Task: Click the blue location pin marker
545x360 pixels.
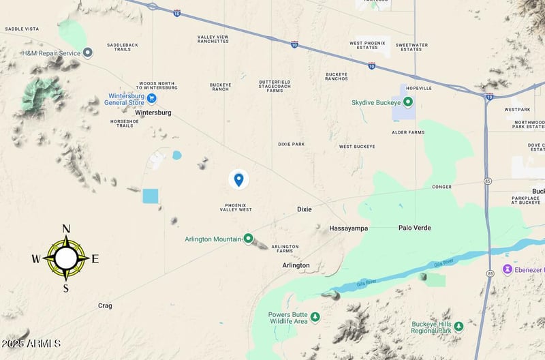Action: [x=238, y=179]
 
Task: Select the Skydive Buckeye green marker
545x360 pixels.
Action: [x=408, y=102]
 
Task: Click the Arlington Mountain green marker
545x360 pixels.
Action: [x=249, y=238]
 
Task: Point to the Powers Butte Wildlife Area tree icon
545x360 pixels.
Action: [x=315, y=316]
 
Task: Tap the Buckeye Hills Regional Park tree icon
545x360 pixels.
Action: [x=458, y=326]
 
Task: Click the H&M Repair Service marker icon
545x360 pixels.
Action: [x=88, y=52]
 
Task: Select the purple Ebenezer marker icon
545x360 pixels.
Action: [x=508, y=269]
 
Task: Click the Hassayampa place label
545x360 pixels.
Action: [x=348, y=228]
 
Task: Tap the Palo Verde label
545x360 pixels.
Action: [x=415, y=228]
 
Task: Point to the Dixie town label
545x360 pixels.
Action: [x=305, y=209]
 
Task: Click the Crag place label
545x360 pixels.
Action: [x=105, y=305]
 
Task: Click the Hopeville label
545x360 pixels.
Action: [x=418, y=89]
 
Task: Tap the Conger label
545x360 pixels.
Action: [x=441, y=187]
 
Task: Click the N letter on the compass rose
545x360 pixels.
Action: [x=66, y=229]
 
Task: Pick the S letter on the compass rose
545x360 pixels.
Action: [x=66, y=288]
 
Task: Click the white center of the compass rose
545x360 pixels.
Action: [x=66, y=258]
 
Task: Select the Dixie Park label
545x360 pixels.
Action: [x=292, y=145]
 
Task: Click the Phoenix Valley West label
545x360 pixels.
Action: [x=238, y=207]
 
